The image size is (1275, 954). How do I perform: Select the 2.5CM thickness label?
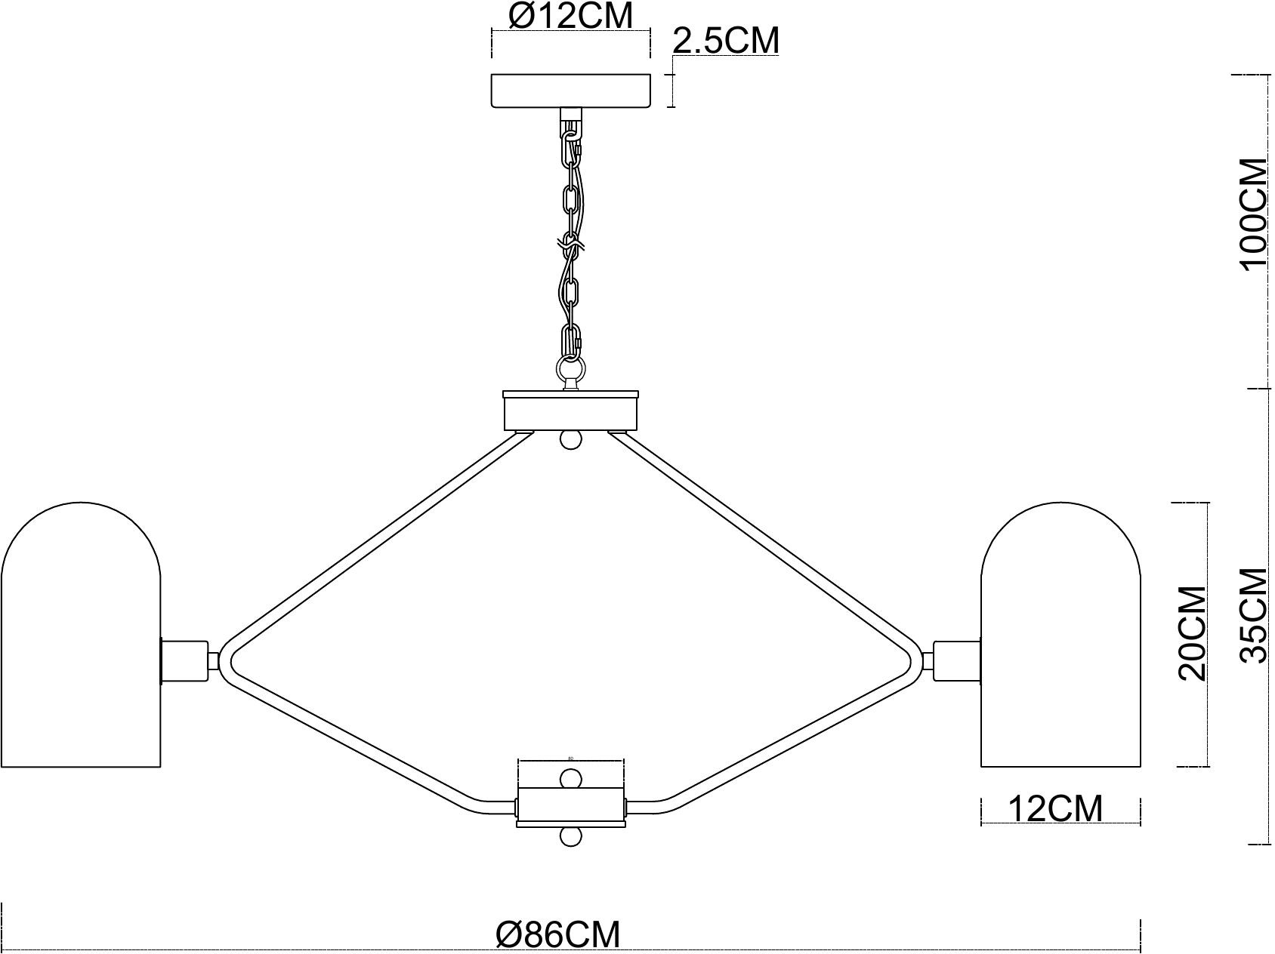pyautogui.click(x=725, y=41)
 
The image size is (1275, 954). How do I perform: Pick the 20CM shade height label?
pyautogui.click(x=1193, y=633)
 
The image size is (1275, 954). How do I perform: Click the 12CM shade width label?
pyautogui.click(x=1055, y=809)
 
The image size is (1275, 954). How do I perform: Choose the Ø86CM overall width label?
pyautogui.click(x=557, y=935)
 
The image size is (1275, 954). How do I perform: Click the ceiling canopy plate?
pyautogui.click(x=570, y=91)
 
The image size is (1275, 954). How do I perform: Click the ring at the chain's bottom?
pyautogui.click(x=570, y=370)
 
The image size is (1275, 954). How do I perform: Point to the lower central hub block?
pyautogui.click(x=570, y=807)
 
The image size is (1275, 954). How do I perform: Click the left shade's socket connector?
pyautogui.click(x=184, y=662)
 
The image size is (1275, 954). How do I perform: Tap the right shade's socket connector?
pyautogui.click(x=957, y=660)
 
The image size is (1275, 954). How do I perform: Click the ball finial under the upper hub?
pyautogui.click(x=571, y=440)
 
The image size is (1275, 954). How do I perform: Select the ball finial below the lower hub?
pyautogui.click(x=571, y=837)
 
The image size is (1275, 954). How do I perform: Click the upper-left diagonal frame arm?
pyautogui.click(x=370, y=540)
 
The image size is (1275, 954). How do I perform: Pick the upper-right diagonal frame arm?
pyautogui.click(x=770, y=540)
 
